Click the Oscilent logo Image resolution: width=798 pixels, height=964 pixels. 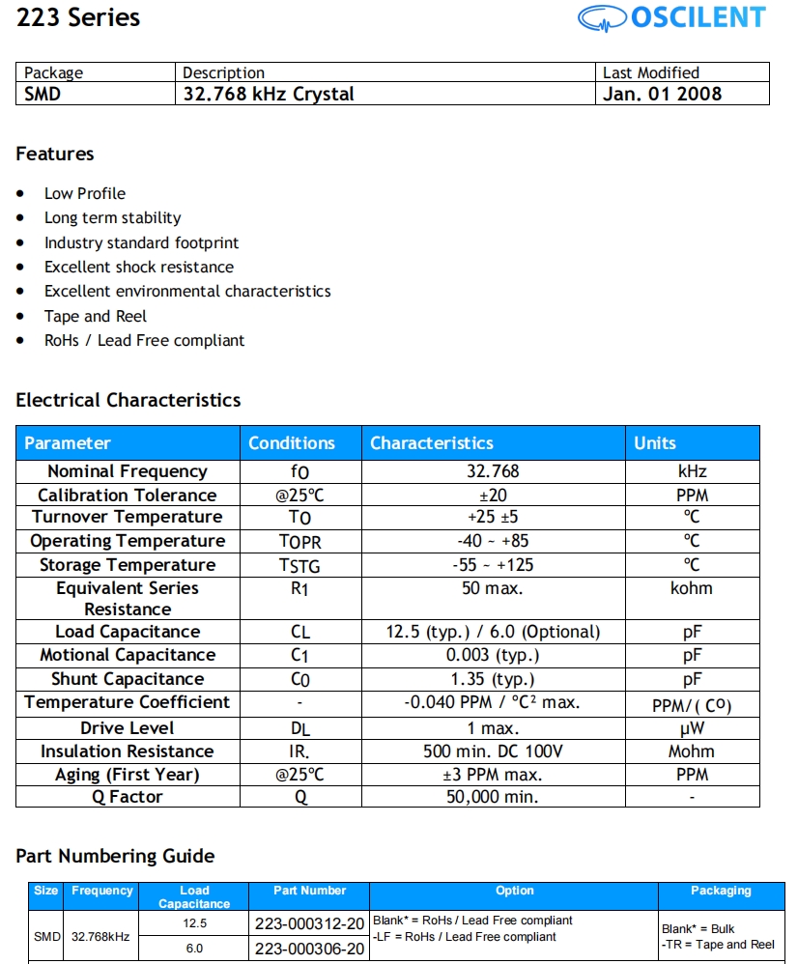click(671, 17)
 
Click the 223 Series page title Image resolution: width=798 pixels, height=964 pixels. click(78, 17)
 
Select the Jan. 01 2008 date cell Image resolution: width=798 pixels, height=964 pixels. click(662, 94)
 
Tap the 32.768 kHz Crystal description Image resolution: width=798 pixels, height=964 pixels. click(269, 94)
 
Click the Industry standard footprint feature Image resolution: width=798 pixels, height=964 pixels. click(141, 242)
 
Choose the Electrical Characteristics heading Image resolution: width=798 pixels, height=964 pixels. click(128, 400)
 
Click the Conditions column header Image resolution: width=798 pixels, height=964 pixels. click(292, 443)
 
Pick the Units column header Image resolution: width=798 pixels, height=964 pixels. click(655, 443)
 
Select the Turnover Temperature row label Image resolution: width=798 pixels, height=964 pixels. click(128, 518)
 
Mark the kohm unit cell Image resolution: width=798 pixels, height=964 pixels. click(692, 588)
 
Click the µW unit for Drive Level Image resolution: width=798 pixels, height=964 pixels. click(692, 728)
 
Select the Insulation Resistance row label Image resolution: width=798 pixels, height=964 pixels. click(128, 751)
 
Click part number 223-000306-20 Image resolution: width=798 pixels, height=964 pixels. click(309, 949)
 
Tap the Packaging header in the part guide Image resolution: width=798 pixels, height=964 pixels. click(721, 891)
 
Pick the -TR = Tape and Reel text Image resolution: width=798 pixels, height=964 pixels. click(718, 945)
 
